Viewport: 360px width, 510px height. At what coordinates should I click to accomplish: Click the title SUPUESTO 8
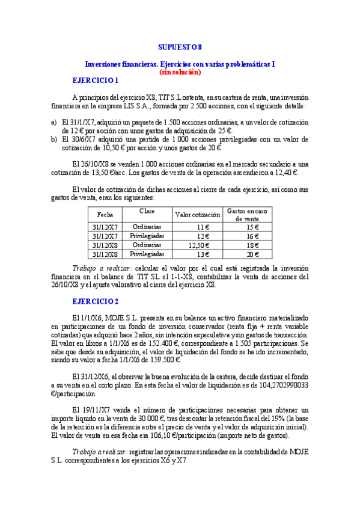tap(180, 47)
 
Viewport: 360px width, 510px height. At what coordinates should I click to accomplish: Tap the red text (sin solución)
tap(180, 72)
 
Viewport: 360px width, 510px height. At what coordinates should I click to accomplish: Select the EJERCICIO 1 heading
tap(95, 81)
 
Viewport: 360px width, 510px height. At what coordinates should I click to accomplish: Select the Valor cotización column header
tap(197, 215)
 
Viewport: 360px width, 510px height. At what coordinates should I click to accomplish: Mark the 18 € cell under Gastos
tap(252, 245)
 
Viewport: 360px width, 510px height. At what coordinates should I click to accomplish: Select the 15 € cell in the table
tap(252, 227)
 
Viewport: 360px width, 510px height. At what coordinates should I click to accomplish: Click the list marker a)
tap(53, 121)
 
